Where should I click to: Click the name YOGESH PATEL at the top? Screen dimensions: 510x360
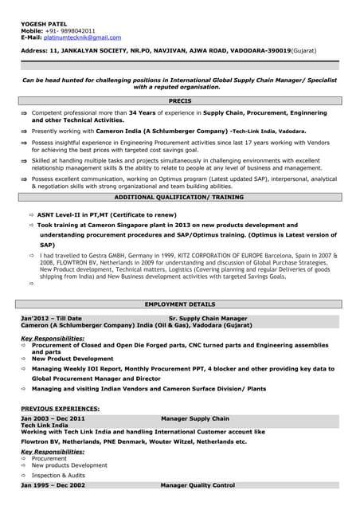click(43, 23)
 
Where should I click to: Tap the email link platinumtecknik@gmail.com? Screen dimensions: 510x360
click(82, 37)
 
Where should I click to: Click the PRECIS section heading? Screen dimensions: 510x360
click(179, 102)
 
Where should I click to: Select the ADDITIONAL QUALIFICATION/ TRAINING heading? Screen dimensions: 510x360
click(179, 197)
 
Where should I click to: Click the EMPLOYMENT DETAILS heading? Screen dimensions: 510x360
click(179, 304)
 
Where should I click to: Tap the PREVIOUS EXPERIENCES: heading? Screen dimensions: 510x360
click(60, 408)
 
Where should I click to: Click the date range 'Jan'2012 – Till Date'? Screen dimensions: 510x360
click(52, 318)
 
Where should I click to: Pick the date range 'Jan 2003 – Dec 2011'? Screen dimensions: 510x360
click(53, 418)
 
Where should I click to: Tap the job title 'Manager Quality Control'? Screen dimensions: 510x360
click(198, 485)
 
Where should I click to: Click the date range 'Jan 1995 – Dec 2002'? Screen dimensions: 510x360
click(53, 485)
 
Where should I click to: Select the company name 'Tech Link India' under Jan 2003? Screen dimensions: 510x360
click(44, 426)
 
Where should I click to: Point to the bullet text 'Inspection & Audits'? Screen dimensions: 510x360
click(58, 475)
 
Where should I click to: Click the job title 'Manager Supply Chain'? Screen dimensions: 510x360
click(194, 418)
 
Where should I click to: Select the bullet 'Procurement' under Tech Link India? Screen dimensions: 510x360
click(49, 459)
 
